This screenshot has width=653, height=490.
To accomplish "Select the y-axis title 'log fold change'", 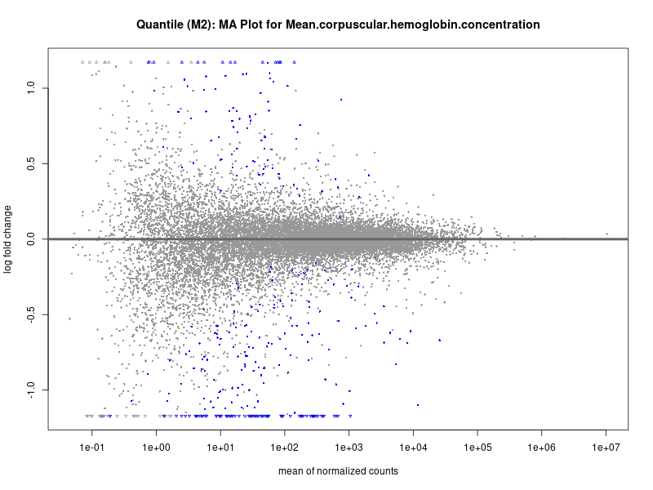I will [8, 238].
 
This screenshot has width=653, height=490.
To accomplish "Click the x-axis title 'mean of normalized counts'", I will [338, 471].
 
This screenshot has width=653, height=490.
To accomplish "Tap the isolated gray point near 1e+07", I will [606, 234].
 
